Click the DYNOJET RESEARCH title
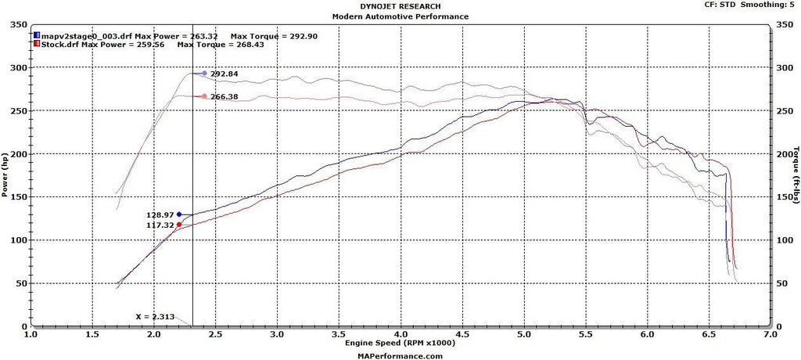coord(400,6)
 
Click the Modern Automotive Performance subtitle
coord(400,16)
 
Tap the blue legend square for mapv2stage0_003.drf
coord(37,35)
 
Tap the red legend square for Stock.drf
coord(37,45)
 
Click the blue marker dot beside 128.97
coord(179,214)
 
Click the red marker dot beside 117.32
coord(179,225)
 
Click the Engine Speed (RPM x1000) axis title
coord(400,343)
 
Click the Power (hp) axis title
coord(5,175)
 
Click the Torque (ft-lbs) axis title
coord(796,175)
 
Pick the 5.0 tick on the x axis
coord(524,334)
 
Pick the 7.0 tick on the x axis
coord(770,334)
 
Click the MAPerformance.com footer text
coord(400,355)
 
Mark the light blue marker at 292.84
coord(204,74)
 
